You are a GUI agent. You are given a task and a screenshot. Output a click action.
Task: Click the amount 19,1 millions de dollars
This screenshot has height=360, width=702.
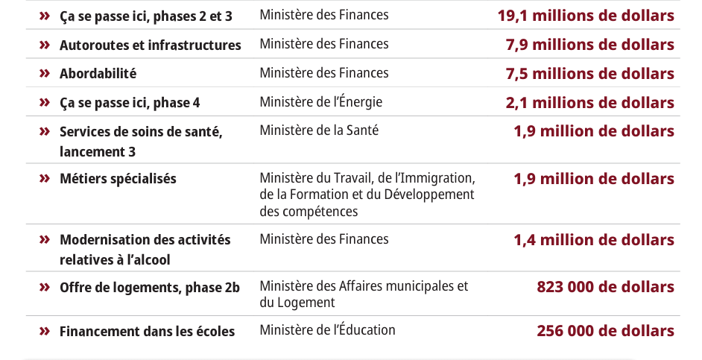click(x=586, y=16)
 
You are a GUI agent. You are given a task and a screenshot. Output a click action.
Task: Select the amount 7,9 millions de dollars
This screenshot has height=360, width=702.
click(x=589, y=45)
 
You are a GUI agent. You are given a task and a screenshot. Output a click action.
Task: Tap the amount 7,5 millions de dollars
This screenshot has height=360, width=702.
click(x=589, y=74)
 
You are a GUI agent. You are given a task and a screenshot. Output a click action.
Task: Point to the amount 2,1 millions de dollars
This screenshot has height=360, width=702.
click(x=589, y=103)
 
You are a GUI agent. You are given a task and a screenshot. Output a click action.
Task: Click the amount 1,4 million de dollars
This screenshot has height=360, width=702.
click(x=593, y=240)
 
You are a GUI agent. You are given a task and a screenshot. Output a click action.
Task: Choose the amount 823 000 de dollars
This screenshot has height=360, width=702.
click(x=605, y=287)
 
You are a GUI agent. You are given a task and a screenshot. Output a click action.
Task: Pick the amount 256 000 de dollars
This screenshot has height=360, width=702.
click(x=605, y=331)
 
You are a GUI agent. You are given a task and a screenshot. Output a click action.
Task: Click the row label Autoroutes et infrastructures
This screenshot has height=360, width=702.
click(x=150, y=45)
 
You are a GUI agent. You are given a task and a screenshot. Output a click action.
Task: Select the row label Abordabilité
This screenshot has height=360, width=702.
click(x=98, y=74)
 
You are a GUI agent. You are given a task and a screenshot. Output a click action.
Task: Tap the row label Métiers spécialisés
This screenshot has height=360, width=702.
click(x=118, y=179)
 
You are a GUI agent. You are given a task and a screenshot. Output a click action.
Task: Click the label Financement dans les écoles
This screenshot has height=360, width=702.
click(x=147, y=331)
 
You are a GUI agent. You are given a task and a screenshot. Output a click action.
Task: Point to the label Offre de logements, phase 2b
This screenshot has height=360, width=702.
click(x=150, y=287)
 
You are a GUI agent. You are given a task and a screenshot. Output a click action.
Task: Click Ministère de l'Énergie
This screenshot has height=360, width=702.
click(x=320, y=102)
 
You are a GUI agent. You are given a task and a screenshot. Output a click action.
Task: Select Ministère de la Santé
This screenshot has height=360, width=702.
click(x=319, y=130)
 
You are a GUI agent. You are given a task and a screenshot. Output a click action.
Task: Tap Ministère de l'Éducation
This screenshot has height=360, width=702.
click(x=327, y=330)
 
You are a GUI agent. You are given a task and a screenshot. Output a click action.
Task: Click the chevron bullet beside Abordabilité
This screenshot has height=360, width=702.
click(x=45, y=73)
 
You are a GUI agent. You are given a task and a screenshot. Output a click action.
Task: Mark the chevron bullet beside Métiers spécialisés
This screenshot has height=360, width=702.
click(x=45, y=178)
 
